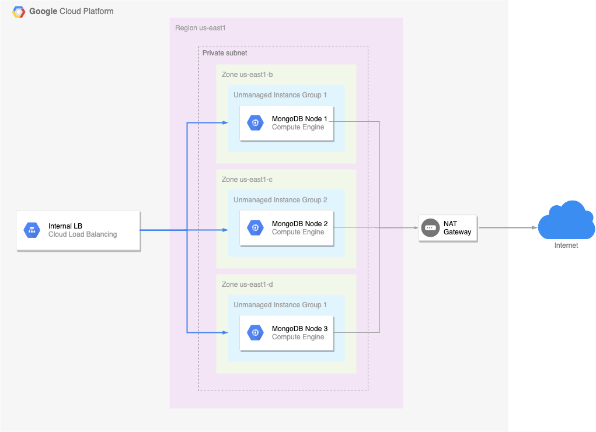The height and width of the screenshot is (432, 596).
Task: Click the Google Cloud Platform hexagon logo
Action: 19,12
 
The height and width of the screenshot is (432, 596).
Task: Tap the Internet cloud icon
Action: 566,221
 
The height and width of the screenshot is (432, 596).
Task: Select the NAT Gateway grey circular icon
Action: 430,228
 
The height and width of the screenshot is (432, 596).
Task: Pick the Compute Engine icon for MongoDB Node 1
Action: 255,123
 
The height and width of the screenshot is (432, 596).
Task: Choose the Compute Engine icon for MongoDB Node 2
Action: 255,228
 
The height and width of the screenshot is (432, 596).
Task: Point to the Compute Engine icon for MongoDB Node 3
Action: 255,333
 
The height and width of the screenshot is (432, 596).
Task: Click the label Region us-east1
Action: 200,28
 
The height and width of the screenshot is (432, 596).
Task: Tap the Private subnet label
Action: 225,53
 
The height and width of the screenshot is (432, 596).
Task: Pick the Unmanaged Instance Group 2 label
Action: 280,200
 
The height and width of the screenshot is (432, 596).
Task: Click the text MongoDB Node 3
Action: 299,329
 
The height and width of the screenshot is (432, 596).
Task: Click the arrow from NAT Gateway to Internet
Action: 507,228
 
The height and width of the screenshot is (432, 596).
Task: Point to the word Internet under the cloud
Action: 566,245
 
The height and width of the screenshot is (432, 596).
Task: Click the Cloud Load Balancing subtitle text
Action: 82,234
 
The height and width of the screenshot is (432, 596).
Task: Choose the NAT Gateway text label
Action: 457,228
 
